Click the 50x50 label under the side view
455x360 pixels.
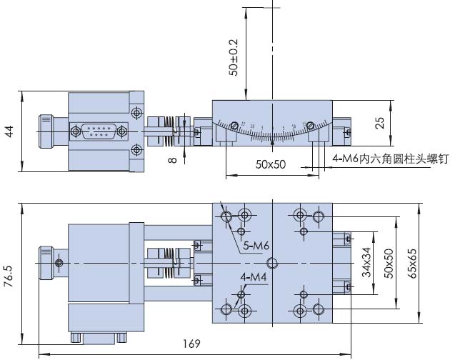coord(271,164)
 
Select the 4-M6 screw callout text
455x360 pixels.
coord(389,159)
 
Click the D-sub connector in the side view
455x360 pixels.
coord(96,131)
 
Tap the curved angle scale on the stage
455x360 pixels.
coord(273,129)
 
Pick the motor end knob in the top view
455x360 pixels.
coord(48,263)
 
